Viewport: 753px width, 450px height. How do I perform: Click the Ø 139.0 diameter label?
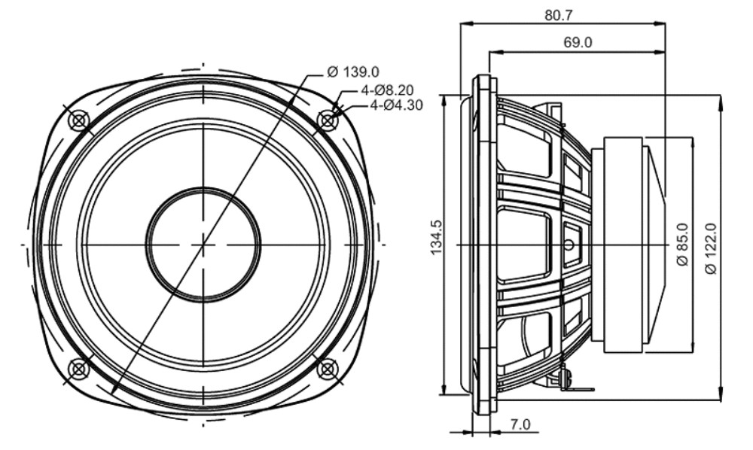tap(352, 72)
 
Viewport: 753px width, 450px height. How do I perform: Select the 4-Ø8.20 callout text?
tap(387, 90)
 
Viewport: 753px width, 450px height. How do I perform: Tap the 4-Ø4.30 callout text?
tap(397, 105)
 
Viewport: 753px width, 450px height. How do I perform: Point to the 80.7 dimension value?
tap(559, 15)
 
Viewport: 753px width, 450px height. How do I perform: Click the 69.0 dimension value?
tap(578, 43)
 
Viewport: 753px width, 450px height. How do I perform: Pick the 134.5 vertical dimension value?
tap(437, 238)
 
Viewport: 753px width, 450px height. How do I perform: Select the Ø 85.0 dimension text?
tap(682, 245)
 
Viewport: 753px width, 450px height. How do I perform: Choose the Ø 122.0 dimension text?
tap(711, 249)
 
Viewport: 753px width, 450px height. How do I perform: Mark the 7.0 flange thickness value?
tap(520, 424)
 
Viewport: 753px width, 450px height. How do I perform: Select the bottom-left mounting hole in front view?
tap(79, 369)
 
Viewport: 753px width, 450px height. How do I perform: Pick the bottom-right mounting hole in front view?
tap(327, 369)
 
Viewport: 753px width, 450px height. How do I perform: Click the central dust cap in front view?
tap(203, 245)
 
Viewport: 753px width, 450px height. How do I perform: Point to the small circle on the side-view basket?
tap(569, 245)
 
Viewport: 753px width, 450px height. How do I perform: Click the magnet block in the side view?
tap(623, 245)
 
